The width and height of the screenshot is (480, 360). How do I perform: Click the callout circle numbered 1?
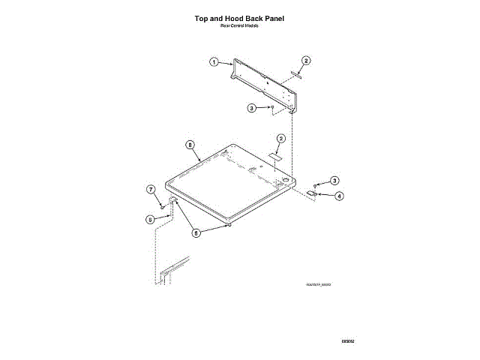[214, 62]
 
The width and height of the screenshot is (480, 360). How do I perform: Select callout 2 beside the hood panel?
[306, 60]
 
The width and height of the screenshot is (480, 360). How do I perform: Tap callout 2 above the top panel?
[280, 139]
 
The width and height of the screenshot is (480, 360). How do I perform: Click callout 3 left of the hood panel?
[252, 108]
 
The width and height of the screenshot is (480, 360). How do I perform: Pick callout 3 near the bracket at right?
[334, 180]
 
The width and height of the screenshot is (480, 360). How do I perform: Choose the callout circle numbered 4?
[339, 196]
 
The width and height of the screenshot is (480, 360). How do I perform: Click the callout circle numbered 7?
[150, 190]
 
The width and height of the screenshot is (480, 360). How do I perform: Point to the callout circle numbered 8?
[190, 145]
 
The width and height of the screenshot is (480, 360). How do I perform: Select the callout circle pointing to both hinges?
[196, 232]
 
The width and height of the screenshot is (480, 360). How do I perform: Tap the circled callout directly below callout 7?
[150, 219]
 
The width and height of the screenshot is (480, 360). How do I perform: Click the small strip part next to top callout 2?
[295, 74]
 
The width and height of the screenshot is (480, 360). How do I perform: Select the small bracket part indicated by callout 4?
[310, 193]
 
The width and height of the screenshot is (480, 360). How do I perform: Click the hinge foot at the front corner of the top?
[228, 224]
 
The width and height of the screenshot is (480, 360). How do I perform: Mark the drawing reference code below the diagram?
[319, 284]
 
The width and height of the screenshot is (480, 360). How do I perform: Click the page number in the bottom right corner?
[347, 341]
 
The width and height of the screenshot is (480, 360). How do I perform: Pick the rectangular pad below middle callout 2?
[274, 155]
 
